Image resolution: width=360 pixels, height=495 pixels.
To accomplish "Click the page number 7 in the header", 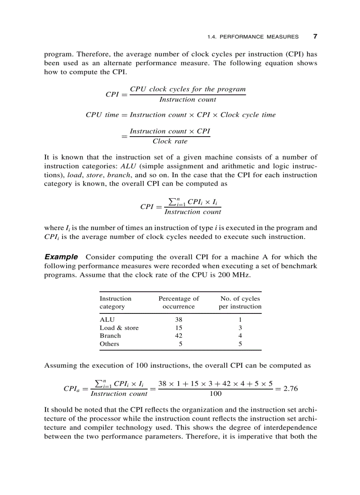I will click(315, 37).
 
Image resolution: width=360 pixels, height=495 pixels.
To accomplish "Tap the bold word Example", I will click(61, 257).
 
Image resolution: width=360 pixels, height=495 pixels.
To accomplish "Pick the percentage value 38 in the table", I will click(178, 320).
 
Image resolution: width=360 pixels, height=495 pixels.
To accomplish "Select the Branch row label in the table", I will click(110, 336).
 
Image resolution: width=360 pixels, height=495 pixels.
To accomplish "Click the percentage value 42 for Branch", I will click(178, 336).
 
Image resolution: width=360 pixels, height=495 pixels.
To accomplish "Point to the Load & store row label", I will click(119, 328).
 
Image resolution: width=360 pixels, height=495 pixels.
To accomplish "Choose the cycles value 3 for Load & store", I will click(240, 328).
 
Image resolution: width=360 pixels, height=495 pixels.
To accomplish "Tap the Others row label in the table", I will click(109, 344).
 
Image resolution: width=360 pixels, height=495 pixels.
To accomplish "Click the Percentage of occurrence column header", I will click(178, 302).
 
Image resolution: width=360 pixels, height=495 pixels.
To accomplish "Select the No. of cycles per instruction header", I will click(240, 302).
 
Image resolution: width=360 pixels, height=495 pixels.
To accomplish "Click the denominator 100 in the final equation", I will click(216, 394).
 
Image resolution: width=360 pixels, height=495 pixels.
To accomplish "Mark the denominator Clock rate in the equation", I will click(170, 141).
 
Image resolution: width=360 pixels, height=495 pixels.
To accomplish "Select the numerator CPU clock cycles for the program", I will click(187, 89).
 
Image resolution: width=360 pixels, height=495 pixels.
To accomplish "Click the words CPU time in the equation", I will click(102, 115).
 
